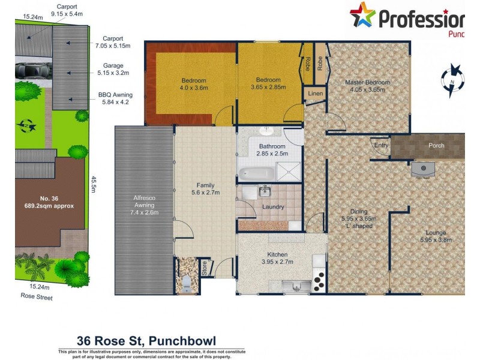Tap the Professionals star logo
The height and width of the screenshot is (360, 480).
(x=362, y=16)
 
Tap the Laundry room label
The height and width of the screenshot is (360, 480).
(x=273, y=207)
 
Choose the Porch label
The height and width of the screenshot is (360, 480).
(x=436, y=145)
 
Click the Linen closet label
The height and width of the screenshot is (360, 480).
(x=316, y=94)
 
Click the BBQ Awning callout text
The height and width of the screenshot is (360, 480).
(x=116, y=98)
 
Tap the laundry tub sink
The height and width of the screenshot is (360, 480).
(x=263, y=191)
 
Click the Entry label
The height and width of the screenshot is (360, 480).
(x=381, y=145)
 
